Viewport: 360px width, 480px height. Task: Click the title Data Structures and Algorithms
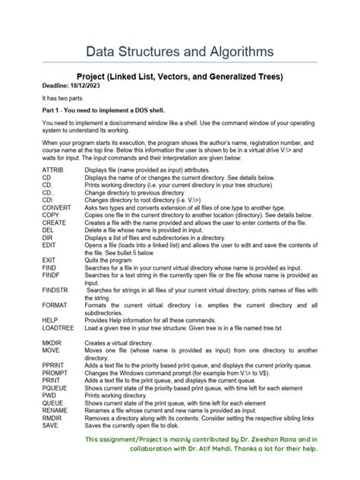(x=179, y=52)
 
